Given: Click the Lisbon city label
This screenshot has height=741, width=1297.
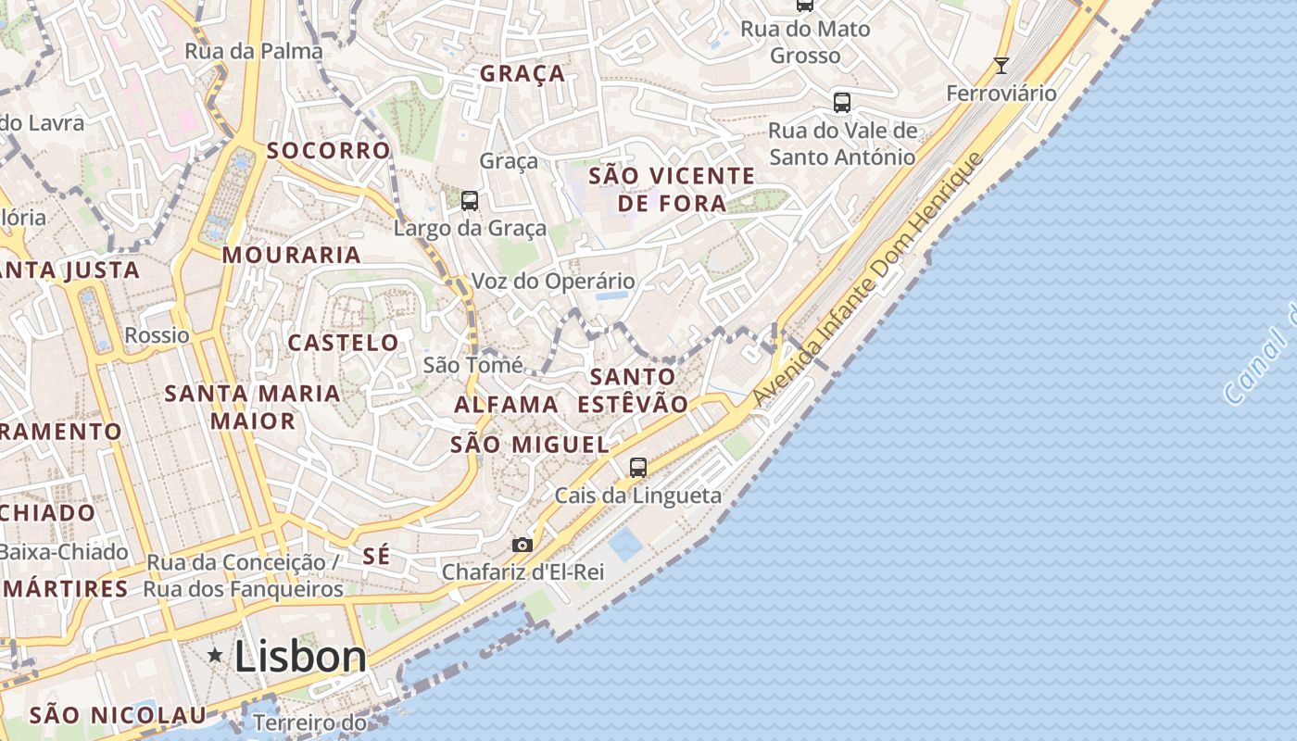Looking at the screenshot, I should [x=300, y=657].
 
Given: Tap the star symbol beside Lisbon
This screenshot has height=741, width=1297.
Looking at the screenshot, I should [x=215, y=656].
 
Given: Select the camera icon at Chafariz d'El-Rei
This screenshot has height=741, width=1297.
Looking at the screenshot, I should [x=523, y=545].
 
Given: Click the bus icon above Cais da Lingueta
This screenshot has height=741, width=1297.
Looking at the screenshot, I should [x=638, y=468].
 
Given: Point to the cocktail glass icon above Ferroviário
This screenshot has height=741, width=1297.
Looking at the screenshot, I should [x=1001, y=65].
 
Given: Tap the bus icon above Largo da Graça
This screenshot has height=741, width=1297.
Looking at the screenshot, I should [x=470, y=200].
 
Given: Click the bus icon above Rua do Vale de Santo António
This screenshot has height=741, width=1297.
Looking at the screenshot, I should [x=842, y=103].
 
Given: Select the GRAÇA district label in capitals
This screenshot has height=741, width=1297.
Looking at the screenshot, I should [x=523, y=74].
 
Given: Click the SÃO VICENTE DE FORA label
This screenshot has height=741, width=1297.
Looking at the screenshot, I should [x=672, y=189].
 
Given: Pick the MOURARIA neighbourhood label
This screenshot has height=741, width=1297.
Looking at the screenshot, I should [x=292, y=255].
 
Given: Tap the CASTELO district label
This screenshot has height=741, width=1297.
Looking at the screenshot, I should [x=343, y=343].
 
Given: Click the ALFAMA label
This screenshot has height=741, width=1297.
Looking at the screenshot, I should [x=506, y=405].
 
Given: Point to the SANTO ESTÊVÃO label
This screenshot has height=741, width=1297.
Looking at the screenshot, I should [x=634, y=390].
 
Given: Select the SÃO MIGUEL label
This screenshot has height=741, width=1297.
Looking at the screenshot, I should [x=530, y=445].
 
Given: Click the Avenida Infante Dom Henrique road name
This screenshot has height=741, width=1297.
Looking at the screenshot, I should [x=866, y=280].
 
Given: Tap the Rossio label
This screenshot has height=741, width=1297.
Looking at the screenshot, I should [x=157, y=335].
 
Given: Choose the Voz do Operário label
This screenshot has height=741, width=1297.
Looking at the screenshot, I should [x=554, y=281].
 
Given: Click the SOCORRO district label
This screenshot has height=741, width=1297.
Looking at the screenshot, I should [x=329, y=150].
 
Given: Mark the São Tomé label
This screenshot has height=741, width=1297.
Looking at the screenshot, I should [x=472, y=365].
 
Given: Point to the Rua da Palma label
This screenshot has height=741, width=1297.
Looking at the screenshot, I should [x=254, y=51].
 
